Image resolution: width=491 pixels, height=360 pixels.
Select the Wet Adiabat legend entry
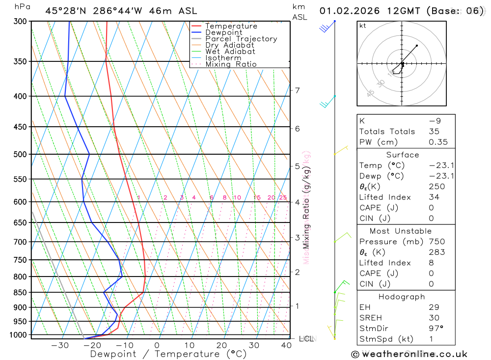pyautogui.click(x=230, y=52)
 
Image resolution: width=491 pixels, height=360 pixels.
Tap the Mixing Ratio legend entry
pyautogui.click(x=231, y=64)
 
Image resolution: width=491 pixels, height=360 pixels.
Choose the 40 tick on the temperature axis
pyautogui.click(x=286, y=345)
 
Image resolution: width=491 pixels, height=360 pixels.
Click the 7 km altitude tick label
pyautogui.click(x=297, y=90)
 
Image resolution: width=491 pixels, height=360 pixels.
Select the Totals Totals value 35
pyautogui.click(x=434, y=132)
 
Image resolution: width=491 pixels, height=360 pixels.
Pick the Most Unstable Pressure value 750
pyautogui.click(x=436, y=242)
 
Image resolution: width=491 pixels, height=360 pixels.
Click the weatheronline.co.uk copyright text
pyautogui.click(x=409, y=354)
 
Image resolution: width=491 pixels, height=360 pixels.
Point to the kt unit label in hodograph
pyautogui.click(x=363, y=26)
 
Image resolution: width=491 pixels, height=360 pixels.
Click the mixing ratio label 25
pyautogui.click(x=283, y=197)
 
